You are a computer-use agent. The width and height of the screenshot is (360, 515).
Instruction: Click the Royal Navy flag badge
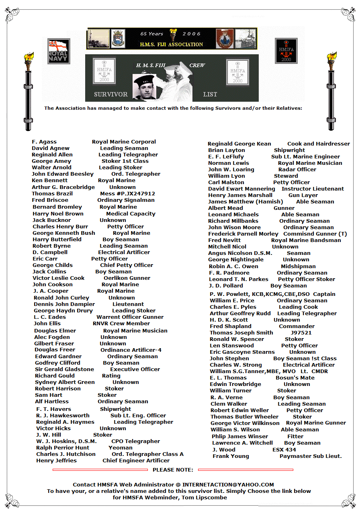click(59, 51)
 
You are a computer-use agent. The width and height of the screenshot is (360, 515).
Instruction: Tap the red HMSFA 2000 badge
click(286, 51)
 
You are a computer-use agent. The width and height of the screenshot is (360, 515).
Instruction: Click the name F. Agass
click(44, 142)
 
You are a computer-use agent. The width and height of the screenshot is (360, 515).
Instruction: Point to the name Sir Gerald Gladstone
click(64, 369)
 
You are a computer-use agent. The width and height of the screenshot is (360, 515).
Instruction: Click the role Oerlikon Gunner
click(127, 278)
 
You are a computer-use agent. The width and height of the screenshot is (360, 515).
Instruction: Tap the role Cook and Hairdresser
click(319, 144)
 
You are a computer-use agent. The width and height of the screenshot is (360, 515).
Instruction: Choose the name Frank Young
click(231, 456)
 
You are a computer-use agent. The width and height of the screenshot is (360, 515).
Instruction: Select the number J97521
click(301, 333)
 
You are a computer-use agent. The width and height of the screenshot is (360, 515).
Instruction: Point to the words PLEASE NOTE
click(173, 470)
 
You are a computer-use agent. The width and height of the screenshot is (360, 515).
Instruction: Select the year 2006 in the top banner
click(192, 34)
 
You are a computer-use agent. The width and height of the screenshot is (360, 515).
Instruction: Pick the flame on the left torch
click(29, 57)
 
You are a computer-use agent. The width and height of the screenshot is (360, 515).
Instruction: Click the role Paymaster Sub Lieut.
click(311, 456)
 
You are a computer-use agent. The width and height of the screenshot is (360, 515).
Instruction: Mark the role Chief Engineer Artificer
click(136, 461)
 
